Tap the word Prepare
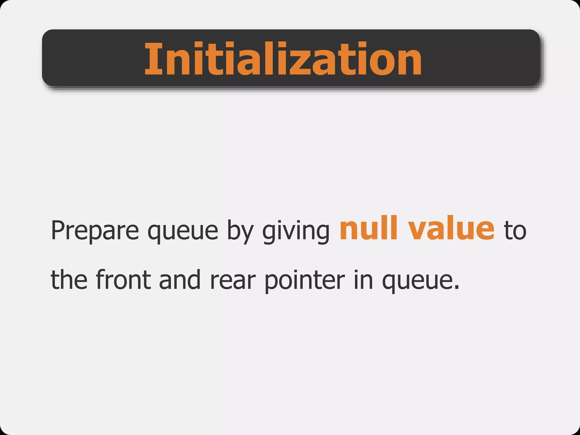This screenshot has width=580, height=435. [x=95, y=231]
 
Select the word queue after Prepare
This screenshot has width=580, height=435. [x=183, y=232]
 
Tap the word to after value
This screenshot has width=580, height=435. [x=515, y=231]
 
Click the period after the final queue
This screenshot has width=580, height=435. [x=456, y=288]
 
